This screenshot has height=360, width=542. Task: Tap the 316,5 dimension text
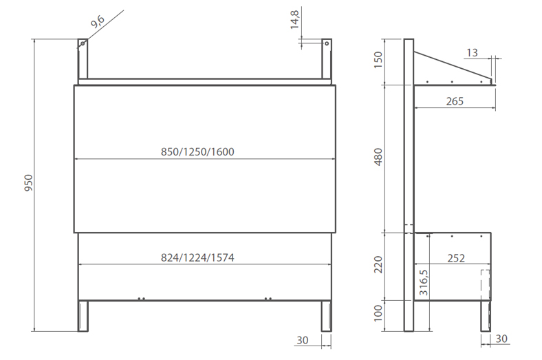424,282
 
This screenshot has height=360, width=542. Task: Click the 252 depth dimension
455,258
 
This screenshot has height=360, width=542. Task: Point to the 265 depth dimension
454,101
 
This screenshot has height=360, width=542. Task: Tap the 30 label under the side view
502,339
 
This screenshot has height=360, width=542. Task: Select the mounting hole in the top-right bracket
327,43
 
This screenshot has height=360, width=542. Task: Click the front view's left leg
83,316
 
